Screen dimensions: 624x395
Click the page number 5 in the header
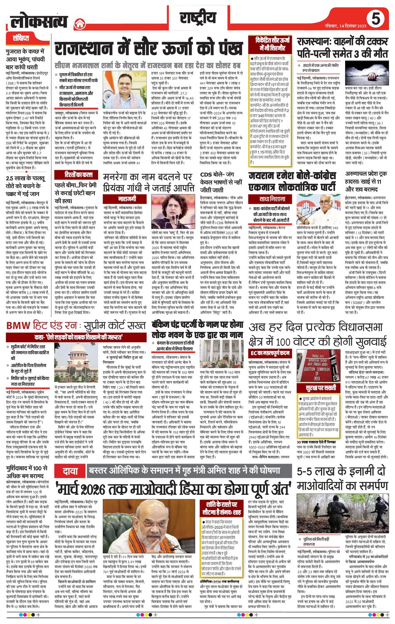point(376,19)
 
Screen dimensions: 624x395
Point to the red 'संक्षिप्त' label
point(21,38)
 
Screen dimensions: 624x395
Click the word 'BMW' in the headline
point(20,325)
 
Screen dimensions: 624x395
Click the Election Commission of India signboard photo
point(316,368)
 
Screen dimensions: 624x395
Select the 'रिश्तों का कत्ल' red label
point(73,175)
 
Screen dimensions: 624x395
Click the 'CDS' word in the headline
point(206,175)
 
